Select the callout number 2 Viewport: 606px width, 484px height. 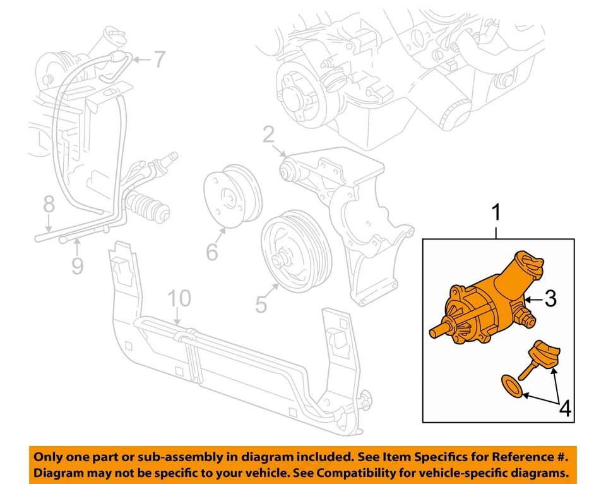tap(268, 135)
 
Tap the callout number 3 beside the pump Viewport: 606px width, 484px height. tap(550, 299)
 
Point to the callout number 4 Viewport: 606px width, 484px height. tap(564, 409)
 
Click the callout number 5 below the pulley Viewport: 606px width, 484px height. tap(261, 305)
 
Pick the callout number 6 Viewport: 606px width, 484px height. tap(211, 252)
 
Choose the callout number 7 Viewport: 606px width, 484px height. tap(158, 60)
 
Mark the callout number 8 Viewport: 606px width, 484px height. tap(49, 204)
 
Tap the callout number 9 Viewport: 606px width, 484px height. tap(77, 265)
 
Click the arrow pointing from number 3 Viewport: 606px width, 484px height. tap(534, 299)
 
